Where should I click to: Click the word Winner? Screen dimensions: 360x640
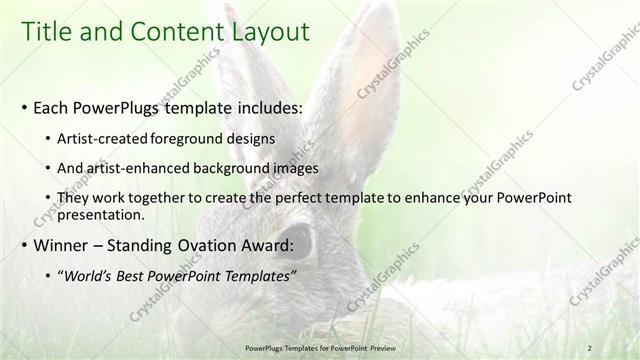61,246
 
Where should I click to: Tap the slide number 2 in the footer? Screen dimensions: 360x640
590,345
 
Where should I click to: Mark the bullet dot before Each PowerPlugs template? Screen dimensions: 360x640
24,106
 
